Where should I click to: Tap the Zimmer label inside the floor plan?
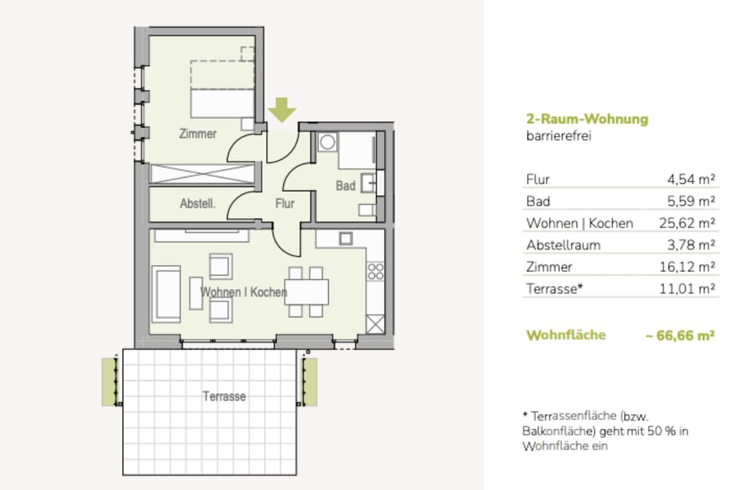(197, 134)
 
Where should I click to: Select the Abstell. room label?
(197, 204)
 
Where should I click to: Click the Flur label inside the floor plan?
(285, 204)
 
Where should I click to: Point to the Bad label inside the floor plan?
(345, 186)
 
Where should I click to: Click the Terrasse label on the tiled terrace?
(224, 396)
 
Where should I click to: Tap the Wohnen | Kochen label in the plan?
(244, 292)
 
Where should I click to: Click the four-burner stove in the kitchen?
(375, 271)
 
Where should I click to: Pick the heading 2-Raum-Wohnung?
(587, 119)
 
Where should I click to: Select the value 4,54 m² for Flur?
(690, 179)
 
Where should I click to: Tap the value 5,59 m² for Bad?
(690, 201)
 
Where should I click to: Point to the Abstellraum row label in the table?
(563, 245)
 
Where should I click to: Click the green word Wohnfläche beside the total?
(566, 335)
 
